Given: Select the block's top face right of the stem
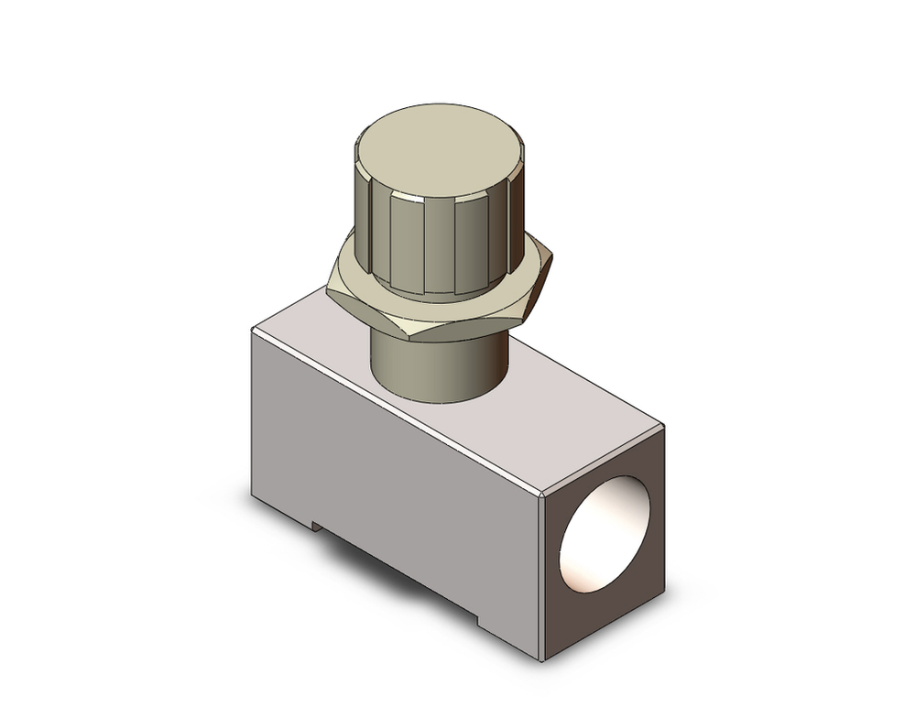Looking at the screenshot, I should [568, 403].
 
